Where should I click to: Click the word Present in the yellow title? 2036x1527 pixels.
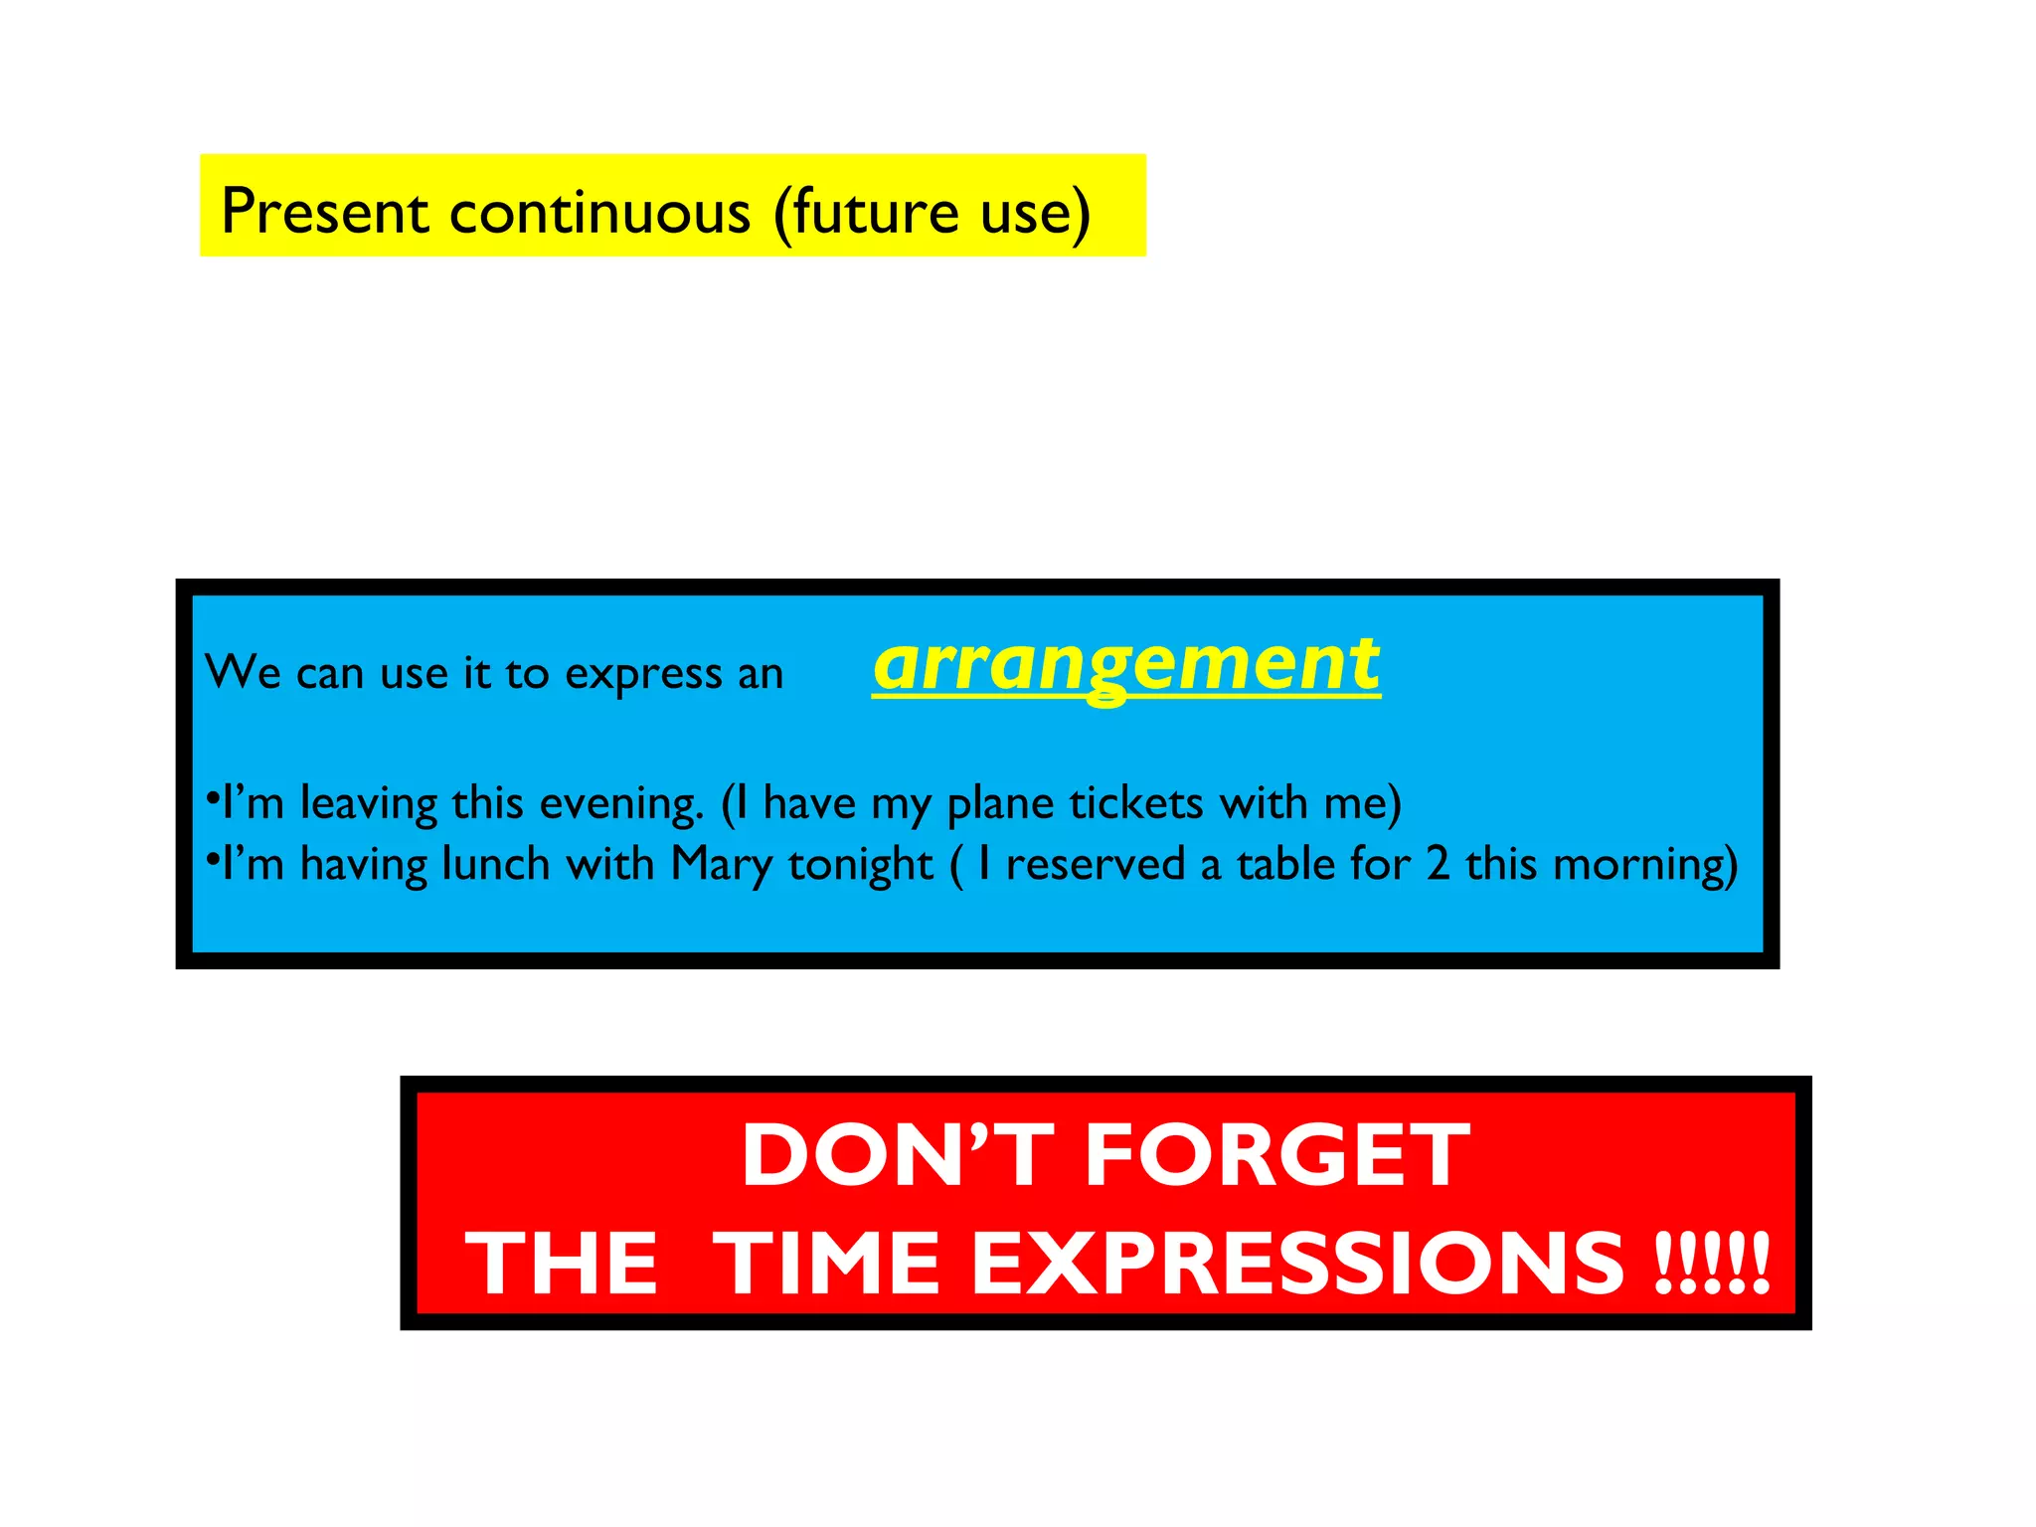coord(324,211)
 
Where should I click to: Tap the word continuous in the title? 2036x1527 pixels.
coord(599,211)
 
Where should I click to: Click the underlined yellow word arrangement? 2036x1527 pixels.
coord(1126,664)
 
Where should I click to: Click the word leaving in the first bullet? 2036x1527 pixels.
coord(368,804)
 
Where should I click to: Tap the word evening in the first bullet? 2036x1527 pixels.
coord(621,804)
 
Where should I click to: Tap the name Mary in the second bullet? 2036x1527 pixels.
coord(721,864)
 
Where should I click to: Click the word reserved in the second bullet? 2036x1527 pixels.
coord(1095,864)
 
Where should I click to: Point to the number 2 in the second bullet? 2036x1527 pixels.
coord(1438,863)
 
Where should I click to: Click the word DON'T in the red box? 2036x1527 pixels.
coord(897,1155)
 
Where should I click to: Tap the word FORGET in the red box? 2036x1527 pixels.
coord(1277,1155)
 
